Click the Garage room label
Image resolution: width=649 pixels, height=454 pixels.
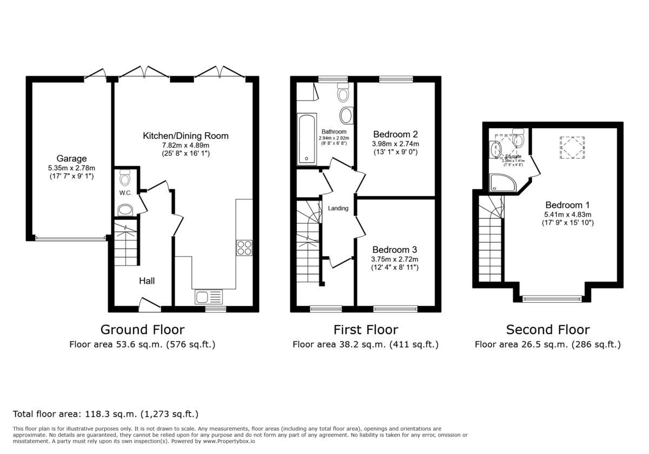[72, 158]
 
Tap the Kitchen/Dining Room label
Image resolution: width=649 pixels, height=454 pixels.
[186, 136]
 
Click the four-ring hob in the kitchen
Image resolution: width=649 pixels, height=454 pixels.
[244, 247]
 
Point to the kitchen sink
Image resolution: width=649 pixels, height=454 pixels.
[209, 296]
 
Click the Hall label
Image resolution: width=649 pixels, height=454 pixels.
[147, 281]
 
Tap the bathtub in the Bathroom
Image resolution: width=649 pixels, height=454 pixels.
[307, 139]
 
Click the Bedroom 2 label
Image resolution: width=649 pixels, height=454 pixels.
[395, 134]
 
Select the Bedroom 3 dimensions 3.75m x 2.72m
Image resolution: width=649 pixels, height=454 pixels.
[394, 259]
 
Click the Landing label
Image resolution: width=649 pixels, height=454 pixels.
[338, 208]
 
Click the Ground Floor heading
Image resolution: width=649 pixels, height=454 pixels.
[142, 330]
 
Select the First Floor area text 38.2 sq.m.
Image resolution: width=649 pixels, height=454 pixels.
[365, 344]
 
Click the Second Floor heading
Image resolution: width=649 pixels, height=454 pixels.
[547, 330]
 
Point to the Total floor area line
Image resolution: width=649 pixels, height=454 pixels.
[105, 415]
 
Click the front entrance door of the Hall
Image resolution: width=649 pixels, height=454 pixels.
[150, 304]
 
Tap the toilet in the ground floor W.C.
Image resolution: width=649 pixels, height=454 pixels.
[125, 177]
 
